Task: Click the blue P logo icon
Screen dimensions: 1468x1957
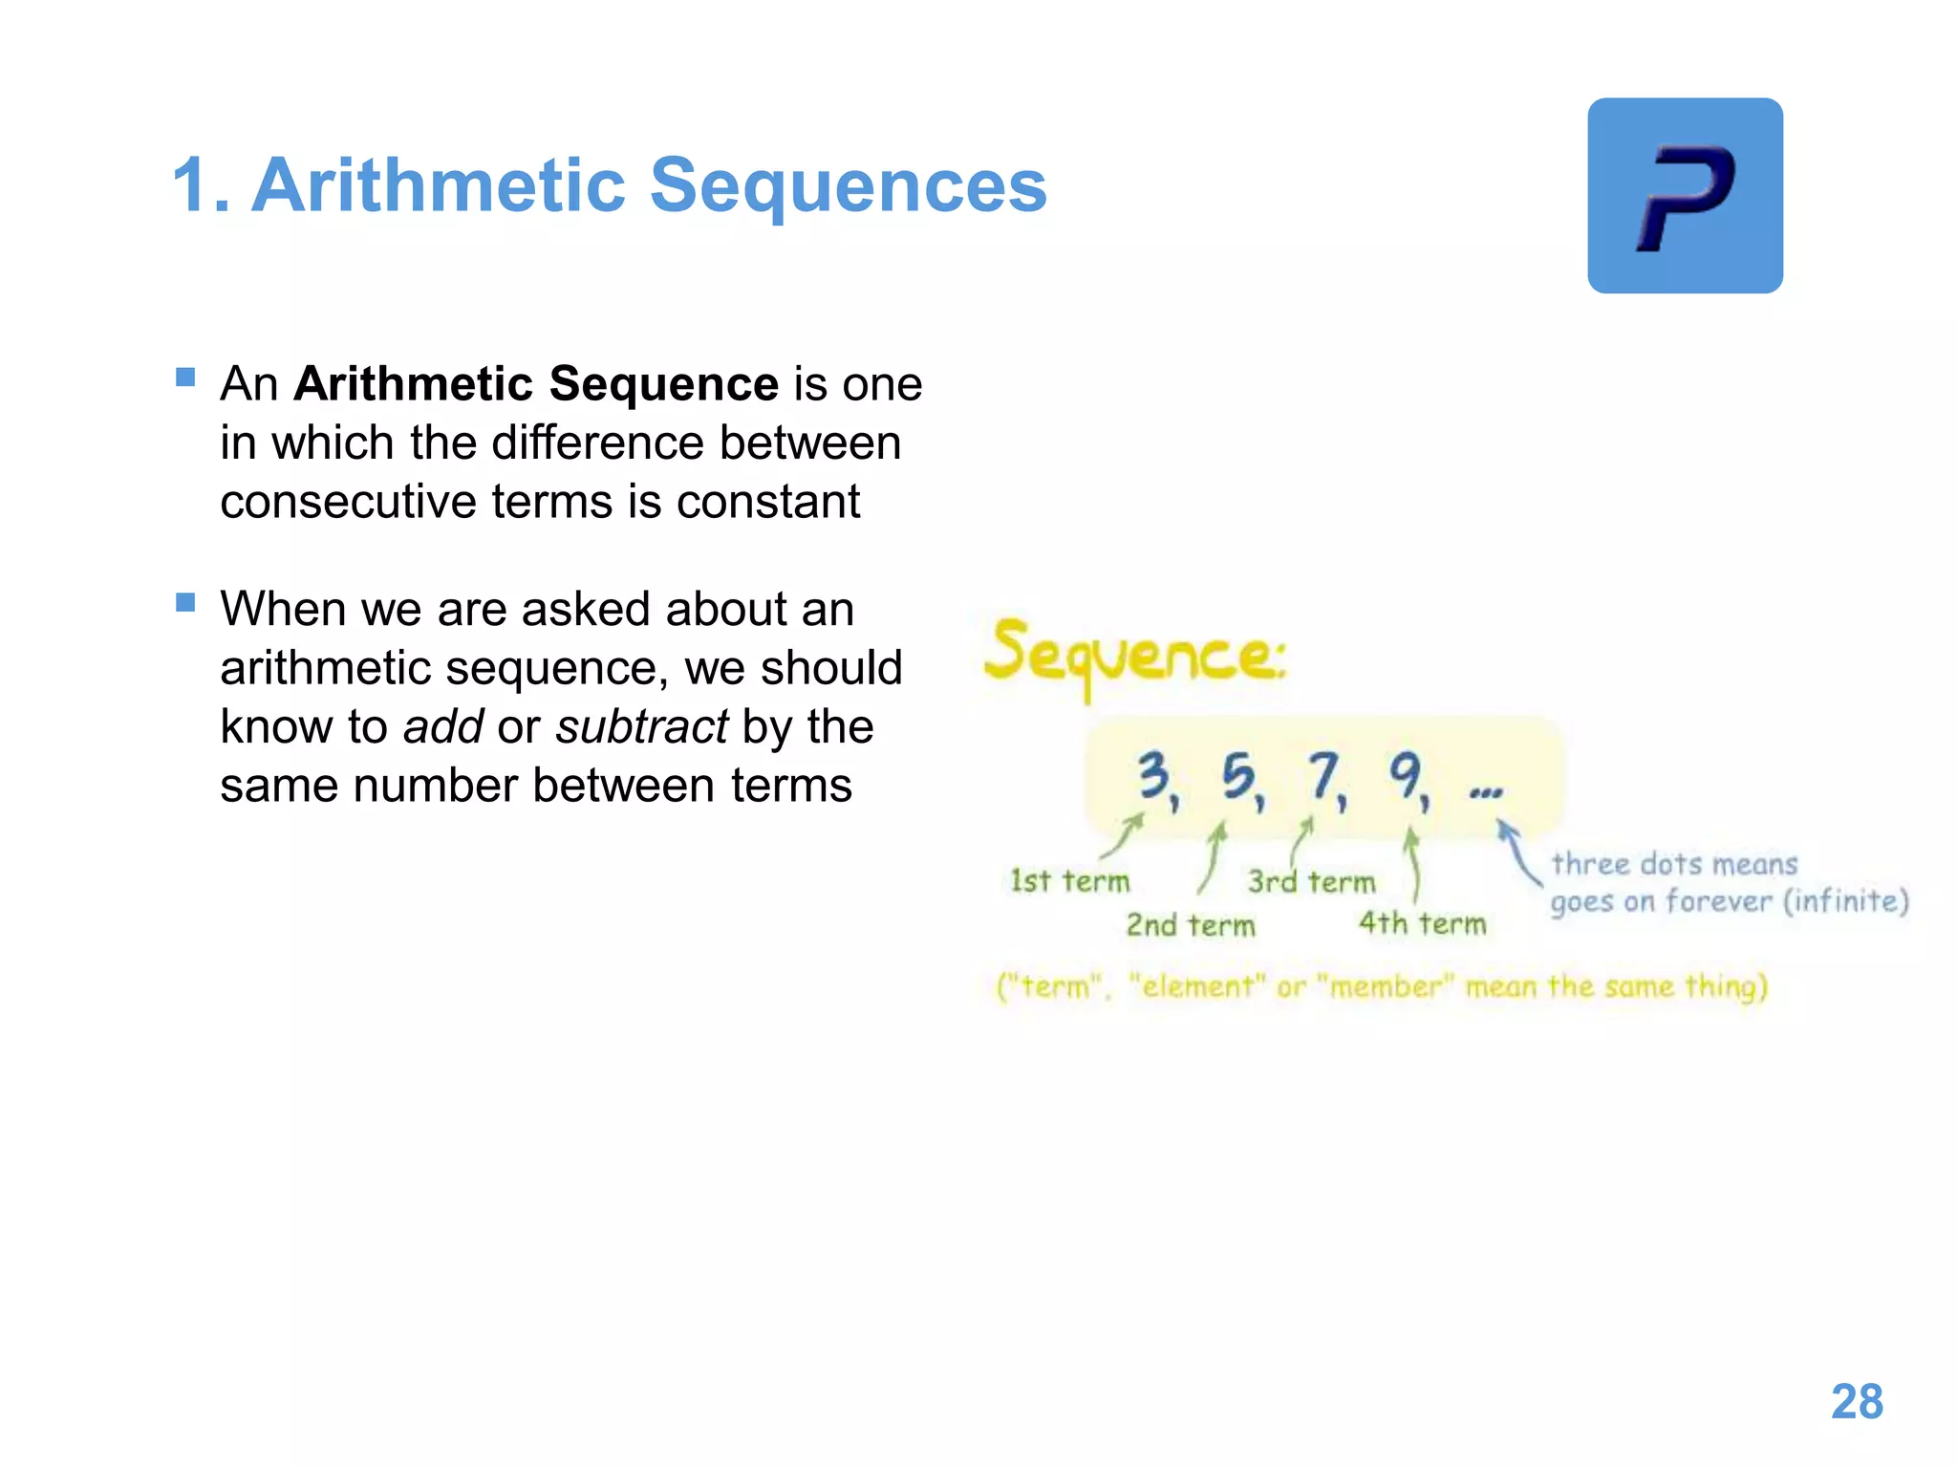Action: click(x=1685, y=196)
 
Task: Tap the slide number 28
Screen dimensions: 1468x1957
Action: click(x=1857, y=1402)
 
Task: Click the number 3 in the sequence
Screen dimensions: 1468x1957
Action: click(x=1153, y=775)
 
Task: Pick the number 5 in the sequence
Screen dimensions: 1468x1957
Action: click(x=1238, y=776)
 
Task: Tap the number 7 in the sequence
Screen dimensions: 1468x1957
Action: click(x=1323, y=775)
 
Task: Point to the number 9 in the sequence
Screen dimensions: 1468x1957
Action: click(x=1406, y=775)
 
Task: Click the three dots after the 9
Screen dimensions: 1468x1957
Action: click(x=1485, y=791)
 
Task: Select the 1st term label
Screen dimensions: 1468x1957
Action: click(x=1069, y=881)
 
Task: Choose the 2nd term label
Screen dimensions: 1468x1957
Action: click(x=1190, y=925)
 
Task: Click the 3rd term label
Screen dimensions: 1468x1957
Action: click(x=1311, y=881)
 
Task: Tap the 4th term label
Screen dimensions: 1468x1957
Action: click(x=1422, y=923)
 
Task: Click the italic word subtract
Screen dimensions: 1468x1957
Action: click(x=642, y=726)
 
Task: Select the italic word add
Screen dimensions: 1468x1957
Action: click(x=443, y=726)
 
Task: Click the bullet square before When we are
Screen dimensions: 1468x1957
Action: click(x=185, y=602)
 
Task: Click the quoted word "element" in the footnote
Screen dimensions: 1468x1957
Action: click(x=1198, y=986)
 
